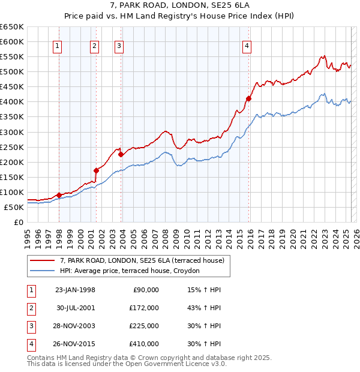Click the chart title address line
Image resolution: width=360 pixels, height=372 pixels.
point(179,6)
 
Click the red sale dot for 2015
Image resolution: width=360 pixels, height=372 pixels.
point(248,98)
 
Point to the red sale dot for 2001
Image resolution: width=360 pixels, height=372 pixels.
point(96,170)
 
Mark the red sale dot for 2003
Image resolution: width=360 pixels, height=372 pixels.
point(121,154)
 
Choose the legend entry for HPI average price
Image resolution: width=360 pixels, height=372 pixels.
point(133,271)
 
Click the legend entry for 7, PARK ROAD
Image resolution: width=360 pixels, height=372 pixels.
point(142,260)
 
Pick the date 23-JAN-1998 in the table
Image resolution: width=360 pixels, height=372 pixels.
point(75,290)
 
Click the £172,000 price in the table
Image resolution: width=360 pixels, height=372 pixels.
point(144,308)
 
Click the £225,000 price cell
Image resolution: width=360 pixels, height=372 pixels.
point(144,326)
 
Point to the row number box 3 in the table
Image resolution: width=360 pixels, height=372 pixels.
point(31,326)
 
